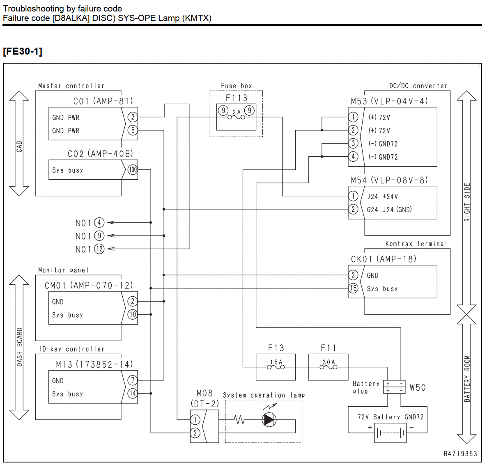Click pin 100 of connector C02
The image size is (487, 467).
pyautogui.click(x=133, y=170)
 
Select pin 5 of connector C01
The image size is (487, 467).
pyautogui.click(x=133, y=130)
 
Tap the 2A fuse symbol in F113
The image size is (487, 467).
pyautogui.click(x=237, y=117)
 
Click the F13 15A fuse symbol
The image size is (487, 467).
pyautogui.click(x=276, y=367)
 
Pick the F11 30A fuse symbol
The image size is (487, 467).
pyautogui.click(x=328, y=367)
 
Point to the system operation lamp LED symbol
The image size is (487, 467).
pyautogui.click(x=269, y=420)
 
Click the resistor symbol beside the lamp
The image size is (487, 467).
pyautogui.click(x=239, y=420)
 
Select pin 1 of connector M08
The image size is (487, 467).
pyautogui.click(x=195, y=420)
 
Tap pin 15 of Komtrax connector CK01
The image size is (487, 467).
pyautogui.click(x=353, y=288)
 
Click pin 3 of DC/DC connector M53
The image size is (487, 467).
pyautogui.click(x=353, y=143)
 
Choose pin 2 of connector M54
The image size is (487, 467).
pyautogui.click(x=353, y=209)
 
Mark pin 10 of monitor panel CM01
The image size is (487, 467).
pyautogui.click(x=133, y=314)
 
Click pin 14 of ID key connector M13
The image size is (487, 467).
pyautogui.click(x=133, y=394)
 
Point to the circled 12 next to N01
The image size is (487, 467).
pyautogui.click(x=99, y=249)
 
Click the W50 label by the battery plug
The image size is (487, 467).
pyautogui.click(x=418, y=387)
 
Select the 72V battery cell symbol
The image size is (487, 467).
pyautogui.click(x=391, y=433)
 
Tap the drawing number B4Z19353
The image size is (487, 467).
pyautogui.click(x=460, y=454)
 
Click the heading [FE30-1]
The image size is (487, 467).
pyautogui.click(x=23, y=51)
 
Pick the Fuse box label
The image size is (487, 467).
pyautogui.click(x=237, y=86)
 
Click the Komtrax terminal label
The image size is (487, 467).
pyautogui.click(x=416, y=244)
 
